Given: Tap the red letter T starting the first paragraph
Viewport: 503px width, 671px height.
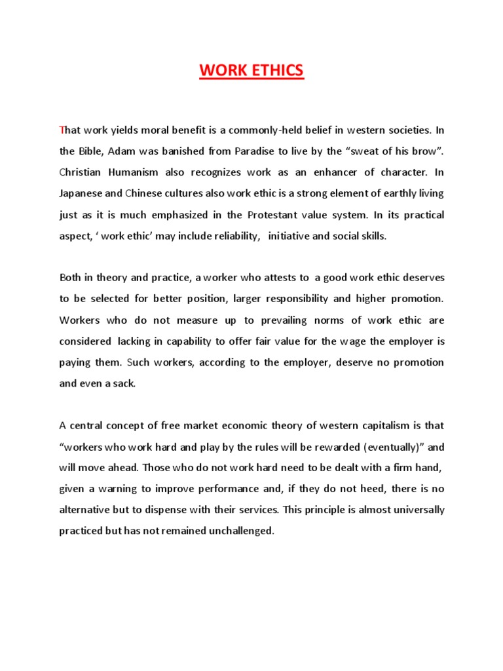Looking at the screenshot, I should pos(62,130).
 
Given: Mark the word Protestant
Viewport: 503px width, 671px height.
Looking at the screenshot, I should pos(275,215).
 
